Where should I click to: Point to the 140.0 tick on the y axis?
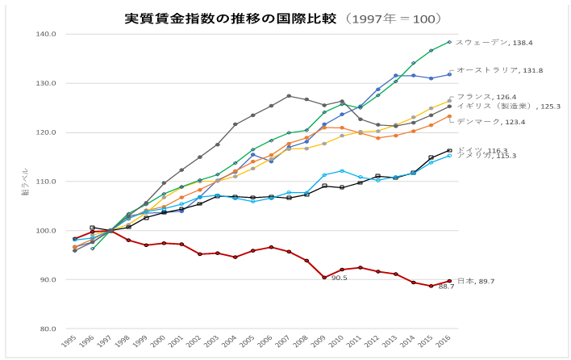[45, 34]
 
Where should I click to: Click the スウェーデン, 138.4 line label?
[494, 42]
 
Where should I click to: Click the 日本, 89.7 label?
[477, 280]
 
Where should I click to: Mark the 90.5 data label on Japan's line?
[339, 278]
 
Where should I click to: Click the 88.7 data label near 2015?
[446, 287]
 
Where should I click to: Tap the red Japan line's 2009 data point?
[324, 277]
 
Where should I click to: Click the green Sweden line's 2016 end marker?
[449, 42]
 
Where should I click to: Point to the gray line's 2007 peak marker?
[289, 96]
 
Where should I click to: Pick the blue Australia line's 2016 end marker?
[449, 74]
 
